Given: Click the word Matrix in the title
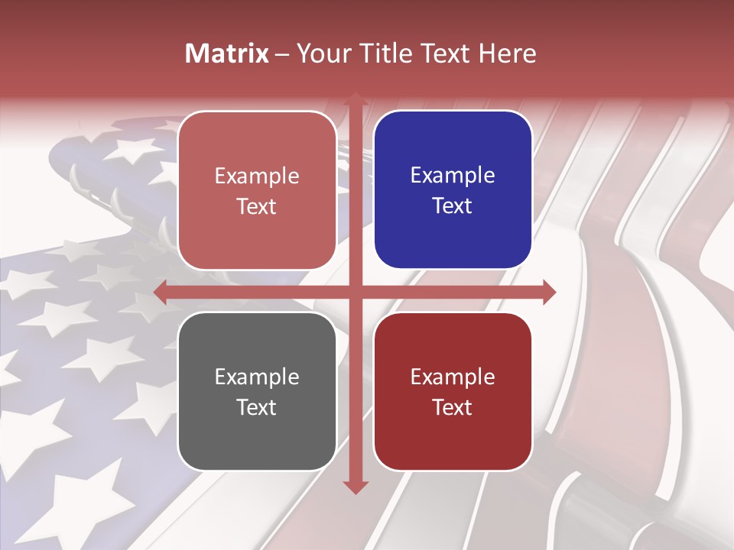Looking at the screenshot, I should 227,53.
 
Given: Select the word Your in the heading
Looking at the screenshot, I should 320,53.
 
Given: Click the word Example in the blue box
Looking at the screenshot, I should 453,175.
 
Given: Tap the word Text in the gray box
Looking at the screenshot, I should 256,407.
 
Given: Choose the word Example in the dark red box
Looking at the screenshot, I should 453,377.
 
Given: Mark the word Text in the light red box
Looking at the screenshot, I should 256,206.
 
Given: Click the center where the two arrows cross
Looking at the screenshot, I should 355,292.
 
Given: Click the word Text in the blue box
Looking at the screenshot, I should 452,205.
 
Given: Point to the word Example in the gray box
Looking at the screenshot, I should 257,377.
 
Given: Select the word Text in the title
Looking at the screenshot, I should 445,53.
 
